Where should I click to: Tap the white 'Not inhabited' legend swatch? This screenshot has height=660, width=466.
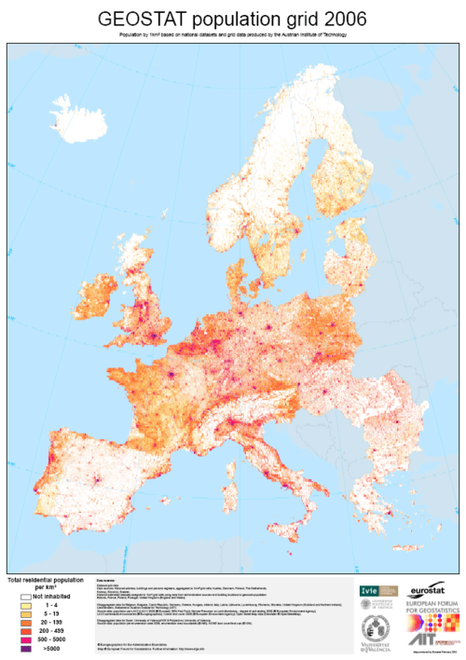(15, 595)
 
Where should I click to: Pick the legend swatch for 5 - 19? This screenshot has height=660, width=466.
(15, 613)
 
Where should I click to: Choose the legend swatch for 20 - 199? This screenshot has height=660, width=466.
(15, 622)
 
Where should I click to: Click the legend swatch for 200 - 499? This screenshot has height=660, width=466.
(15, 630)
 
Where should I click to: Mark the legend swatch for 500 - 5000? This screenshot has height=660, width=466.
(15, 639)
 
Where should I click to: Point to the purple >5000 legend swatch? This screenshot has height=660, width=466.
(15, 647)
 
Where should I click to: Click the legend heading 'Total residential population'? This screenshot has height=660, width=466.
(42, 581)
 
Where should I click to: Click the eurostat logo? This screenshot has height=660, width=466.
(432, 589)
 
